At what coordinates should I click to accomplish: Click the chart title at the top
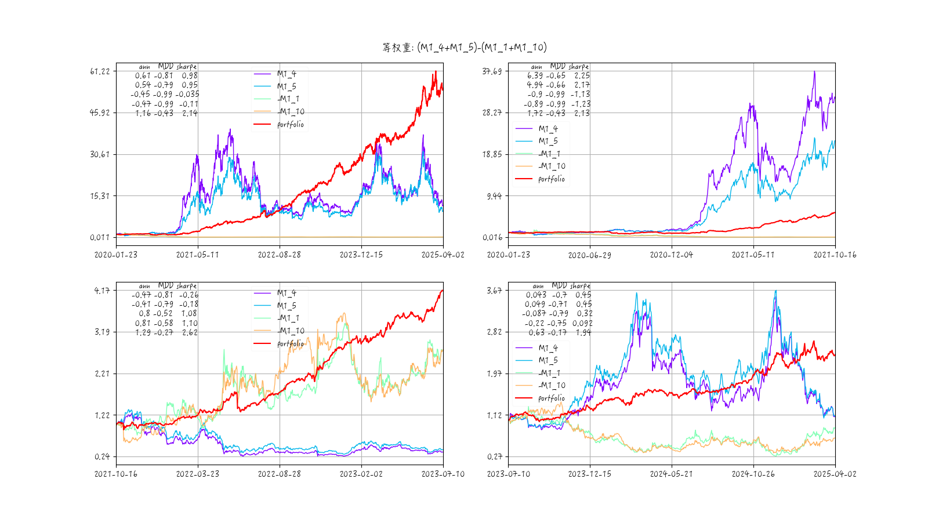pyautogui.click(x=464, y=48)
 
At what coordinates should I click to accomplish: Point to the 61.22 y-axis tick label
pyautogui.click(x=100, y=71)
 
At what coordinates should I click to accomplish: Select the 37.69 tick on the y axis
pyautogui.click(x=492, y=71)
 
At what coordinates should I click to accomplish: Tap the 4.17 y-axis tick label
pyautogui.click(x=102, y=291)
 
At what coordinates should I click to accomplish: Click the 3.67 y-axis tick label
pyautogui.click(x=494, y=291)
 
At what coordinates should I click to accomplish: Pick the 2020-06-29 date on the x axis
pyautogui.click(x=589, y=255)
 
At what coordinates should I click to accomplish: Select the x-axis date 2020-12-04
pyautogui.click(x=671, y=255)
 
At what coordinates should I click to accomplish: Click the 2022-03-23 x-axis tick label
pyautogui.click(x=198, y=474)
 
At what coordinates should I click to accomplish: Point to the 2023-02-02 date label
pyautogui.click(x=361, y=474)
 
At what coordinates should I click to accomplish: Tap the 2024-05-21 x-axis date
pyautogui.click(x=671, y=474)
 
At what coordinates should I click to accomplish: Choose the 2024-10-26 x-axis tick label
pyautogui.click(x=753, y=474)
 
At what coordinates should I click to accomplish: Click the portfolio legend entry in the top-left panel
pyautogui.click(x=290, y=125)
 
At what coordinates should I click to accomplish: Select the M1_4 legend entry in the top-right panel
pyautogui.click(x=548, y=129)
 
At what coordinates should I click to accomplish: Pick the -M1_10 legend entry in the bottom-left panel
pyautogui.click(x=291, y=331)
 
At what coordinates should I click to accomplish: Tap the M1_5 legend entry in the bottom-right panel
pyautogui.click(x=548, y=360)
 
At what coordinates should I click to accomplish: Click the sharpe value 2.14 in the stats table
pyautogui.click(x=190, y=114)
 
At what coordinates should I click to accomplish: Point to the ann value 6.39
pyautogui.click(x=535, y=76)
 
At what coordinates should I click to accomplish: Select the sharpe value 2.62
pyautogui.click(x=190, y=333)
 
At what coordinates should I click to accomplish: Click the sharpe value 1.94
pyautogui.click(x=583, y=333)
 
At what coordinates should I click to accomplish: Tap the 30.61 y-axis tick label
pyautogui.click(x=100, y=154)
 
